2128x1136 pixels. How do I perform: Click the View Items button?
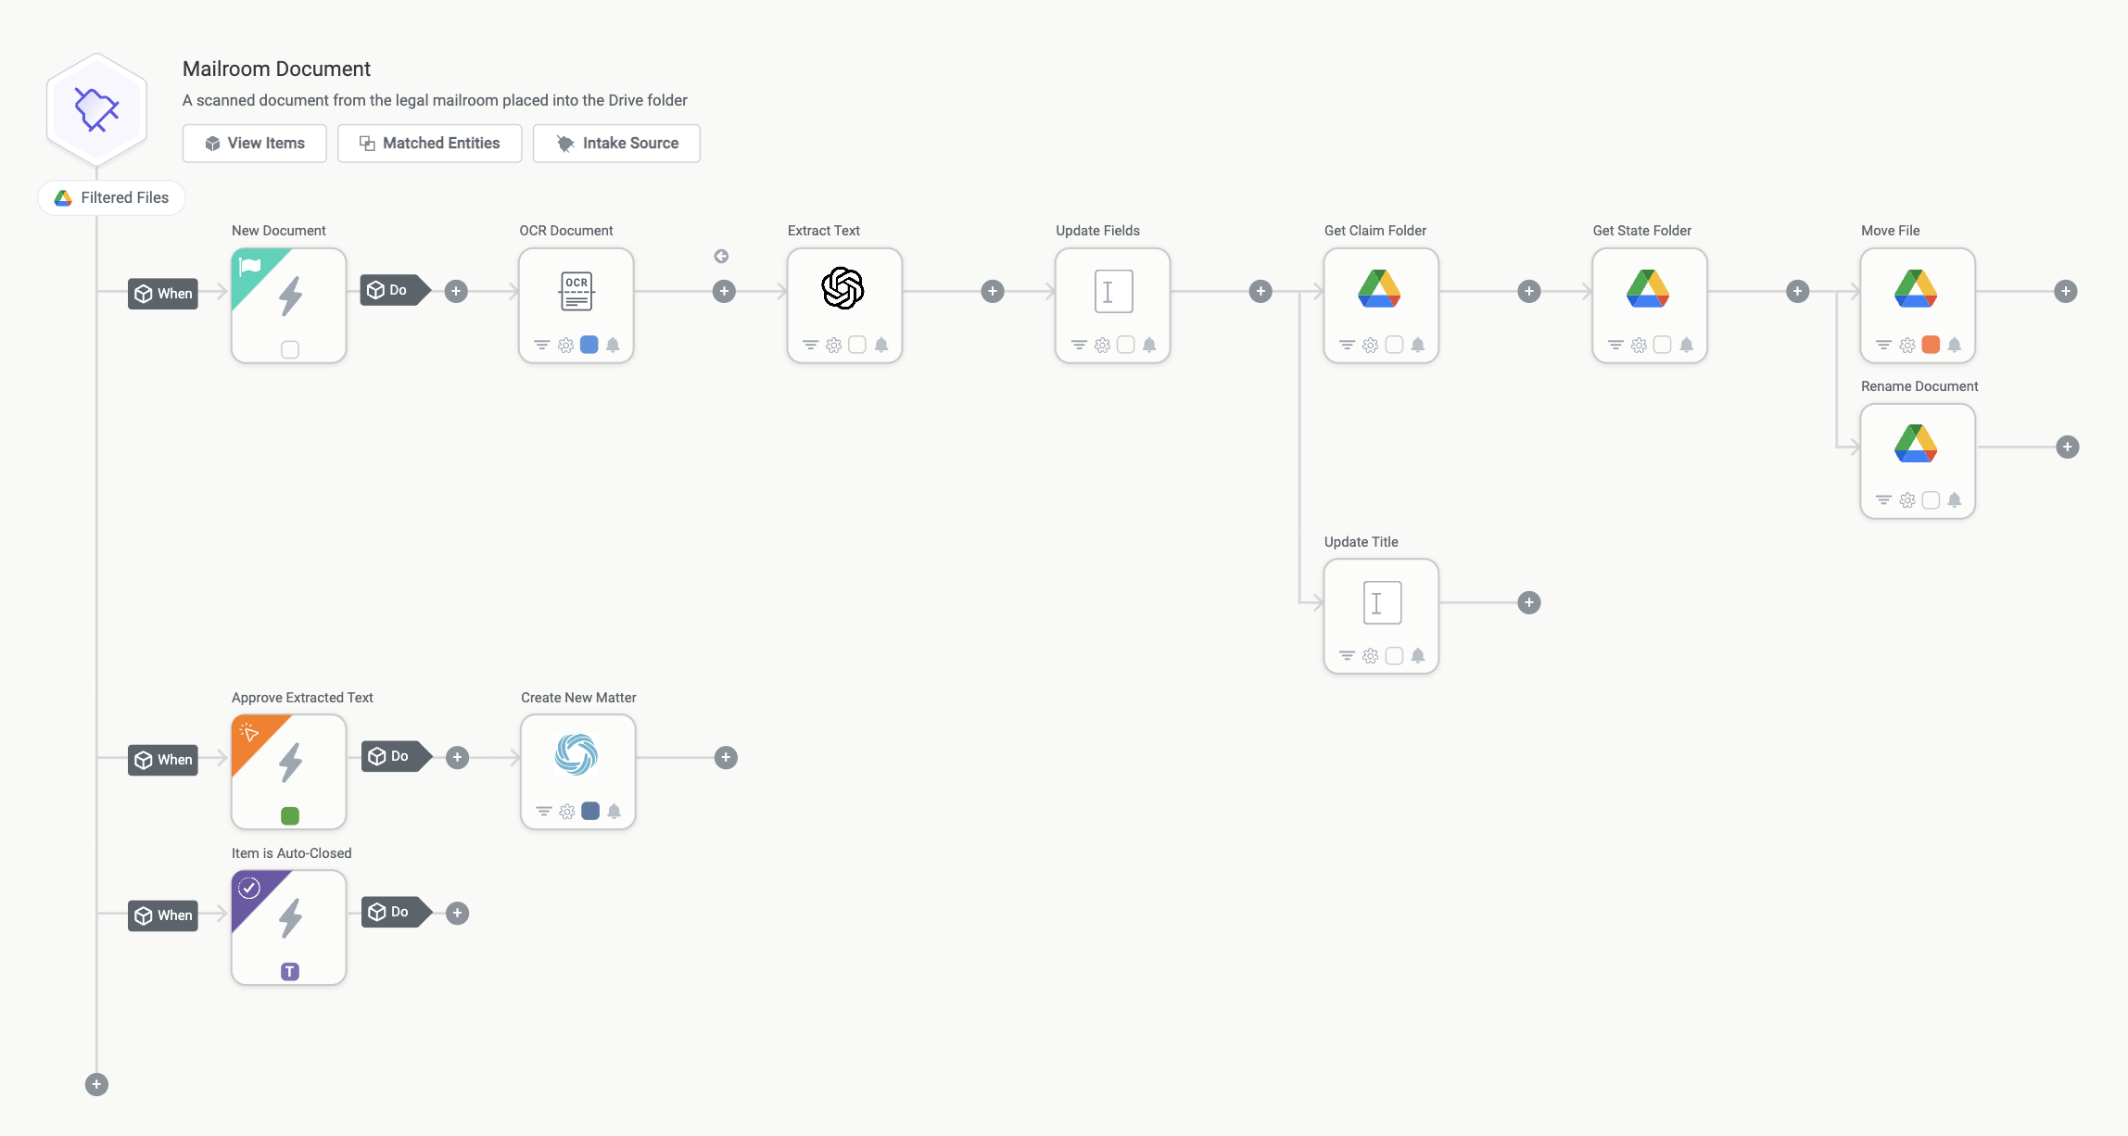coord(254,144)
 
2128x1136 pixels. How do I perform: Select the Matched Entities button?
coord(429,144)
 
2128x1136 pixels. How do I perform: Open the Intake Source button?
coord(616,144)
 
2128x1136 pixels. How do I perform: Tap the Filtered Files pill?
coord(111,197)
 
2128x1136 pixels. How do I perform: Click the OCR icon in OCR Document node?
coord(576,291)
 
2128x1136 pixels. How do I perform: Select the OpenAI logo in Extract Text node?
coord(842,288)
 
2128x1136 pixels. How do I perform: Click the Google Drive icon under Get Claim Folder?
coord(1379,288)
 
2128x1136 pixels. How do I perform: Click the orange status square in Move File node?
coord(1931,345)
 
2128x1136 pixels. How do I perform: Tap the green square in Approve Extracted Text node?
coord(290,815)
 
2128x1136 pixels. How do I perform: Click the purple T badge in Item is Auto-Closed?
coord(290,971)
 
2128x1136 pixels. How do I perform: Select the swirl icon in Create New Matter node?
coord(576,754)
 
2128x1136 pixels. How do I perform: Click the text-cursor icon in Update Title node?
coord(1382,603)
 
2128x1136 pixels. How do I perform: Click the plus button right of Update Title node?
coord(1529,603)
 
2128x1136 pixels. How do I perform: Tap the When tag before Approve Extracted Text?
coord(163,760)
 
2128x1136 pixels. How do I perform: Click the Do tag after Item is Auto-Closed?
coord(397,913)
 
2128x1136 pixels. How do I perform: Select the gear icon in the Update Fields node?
coord(1102,346)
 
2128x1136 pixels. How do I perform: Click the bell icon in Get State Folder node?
coord(1686,346)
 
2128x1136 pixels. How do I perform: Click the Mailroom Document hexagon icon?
coord(96,109)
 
